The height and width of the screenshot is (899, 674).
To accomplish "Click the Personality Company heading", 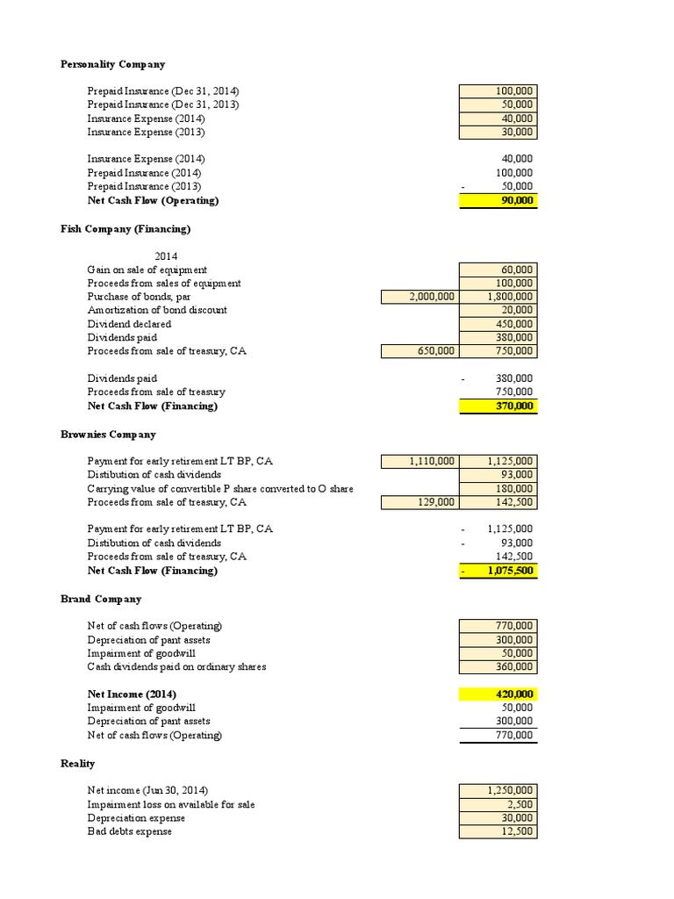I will point(112,64).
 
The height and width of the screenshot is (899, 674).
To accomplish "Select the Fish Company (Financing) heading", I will point(125,229).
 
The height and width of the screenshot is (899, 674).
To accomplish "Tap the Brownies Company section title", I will point(108,435).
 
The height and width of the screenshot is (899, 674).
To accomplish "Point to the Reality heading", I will point(77,764).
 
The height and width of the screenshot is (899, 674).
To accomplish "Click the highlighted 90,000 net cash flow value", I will point(498,201).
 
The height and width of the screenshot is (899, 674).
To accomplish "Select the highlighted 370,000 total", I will point(498,406).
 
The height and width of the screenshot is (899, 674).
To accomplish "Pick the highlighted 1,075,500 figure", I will point(498,571).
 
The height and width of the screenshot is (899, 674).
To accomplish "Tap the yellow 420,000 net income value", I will point(498,694).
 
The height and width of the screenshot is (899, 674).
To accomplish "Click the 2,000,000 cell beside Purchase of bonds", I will point(419,297).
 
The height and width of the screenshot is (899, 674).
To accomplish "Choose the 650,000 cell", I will point(419,351).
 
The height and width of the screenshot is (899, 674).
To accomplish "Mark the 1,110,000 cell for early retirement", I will point(419,461).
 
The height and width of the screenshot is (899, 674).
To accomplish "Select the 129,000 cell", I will point(419,502).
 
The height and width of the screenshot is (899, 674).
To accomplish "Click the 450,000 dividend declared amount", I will point(498,324).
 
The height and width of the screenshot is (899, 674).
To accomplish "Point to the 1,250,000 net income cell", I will point(498,790).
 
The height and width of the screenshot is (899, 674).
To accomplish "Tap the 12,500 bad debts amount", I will point(498,831).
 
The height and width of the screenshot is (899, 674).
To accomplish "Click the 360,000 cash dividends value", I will point(498,667).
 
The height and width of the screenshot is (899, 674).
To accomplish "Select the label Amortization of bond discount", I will point(157,311).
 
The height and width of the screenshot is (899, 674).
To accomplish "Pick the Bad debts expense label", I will point(130,831).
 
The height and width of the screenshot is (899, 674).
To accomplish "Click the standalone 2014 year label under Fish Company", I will point(167,256).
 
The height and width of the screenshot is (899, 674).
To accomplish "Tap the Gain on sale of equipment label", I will point(147,270).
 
